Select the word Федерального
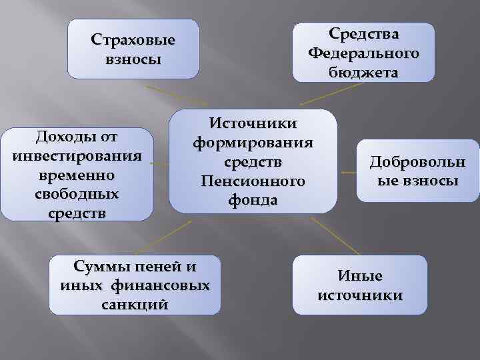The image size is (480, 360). point(363,53)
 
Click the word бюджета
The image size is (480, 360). point(363,71)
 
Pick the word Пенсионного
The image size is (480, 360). point(253,181)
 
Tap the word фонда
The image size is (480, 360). point(253,200)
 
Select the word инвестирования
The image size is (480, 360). point(77,156)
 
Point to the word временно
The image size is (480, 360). point(77,175)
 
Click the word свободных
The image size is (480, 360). point(77,195)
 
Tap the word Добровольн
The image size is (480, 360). point(418,161)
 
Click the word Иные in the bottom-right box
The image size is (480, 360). point(360,275)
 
